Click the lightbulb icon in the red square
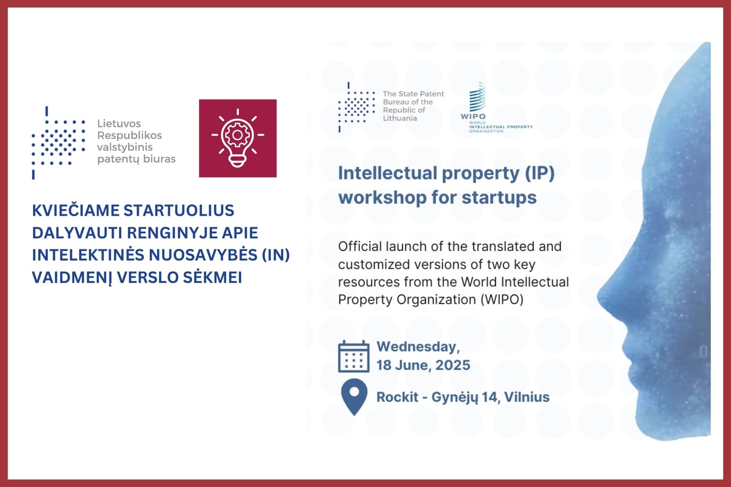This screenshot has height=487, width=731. pos(238,138)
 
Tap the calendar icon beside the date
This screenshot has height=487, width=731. pos(353,357)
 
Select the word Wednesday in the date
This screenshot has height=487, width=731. pos(418,347)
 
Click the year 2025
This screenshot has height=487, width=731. pos(453,365)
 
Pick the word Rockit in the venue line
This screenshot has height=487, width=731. pos(397,397)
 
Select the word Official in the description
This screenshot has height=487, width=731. pos(360,247)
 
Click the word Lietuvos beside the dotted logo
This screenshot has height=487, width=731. pos(119,124)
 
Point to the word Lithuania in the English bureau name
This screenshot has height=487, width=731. pos(400,118)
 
